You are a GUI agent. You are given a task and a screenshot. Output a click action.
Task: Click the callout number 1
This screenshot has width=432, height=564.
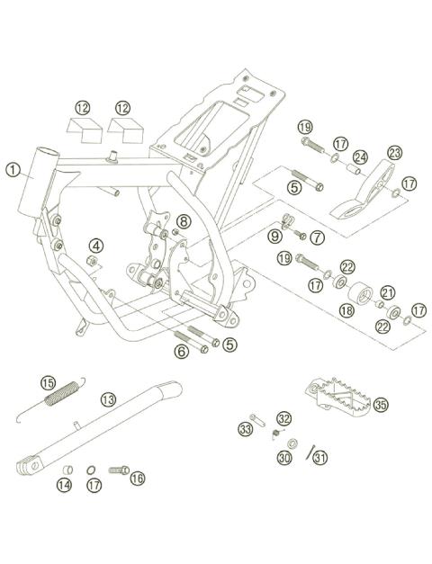tap(13, 168)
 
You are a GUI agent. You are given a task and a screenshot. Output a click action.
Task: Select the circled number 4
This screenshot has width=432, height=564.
tap(95, 245)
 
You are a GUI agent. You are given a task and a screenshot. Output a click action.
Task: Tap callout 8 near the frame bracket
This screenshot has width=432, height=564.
tap(184, 221)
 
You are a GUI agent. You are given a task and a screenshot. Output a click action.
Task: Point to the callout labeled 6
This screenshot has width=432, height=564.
tap(182, 351)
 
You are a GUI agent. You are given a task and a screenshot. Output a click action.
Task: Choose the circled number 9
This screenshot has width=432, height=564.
tap(274, 236)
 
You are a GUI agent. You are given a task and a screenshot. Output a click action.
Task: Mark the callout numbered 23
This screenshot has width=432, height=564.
tap(394, 154)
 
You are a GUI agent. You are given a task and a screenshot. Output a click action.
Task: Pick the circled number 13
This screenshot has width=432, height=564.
tap(108, 398)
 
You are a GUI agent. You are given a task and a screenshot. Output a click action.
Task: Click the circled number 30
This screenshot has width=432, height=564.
tap(284, 458)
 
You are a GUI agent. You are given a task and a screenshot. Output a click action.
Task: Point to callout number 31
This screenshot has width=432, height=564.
tap(322, 458)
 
